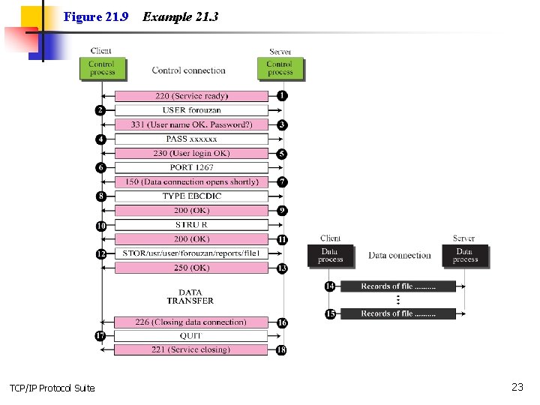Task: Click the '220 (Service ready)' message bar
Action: tap(191, 96)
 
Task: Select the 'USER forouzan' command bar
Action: tap(191, 110)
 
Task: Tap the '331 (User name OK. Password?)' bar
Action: tap(191, 124)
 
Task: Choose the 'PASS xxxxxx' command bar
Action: tap(191, 139)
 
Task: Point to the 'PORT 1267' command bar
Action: tap(191, 167)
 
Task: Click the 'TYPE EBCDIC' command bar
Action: tap(191, 196)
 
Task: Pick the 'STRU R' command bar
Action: tap(191, 224)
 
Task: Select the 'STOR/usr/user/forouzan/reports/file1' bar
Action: tap(191, 253)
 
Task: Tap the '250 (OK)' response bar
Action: tap(191, 268)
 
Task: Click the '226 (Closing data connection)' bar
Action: tap(191, 322)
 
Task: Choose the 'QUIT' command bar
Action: tap(191, 336)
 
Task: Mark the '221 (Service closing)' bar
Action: tap(191, 349)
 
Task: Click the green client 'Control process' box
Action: tap(102, 68)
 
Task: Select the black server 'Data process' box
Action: tap(465, 255)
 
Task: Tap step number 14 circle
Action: tap(330, 286)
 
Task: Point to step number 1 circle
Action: tap(282, 96)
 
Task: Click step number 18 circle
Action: tap(282, 349)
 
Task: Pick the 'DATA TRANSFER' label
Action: tap(190, 297)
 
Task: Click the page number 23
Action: tap(517, 387)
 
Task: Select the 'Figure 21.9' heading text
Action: tap(96, 16)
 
